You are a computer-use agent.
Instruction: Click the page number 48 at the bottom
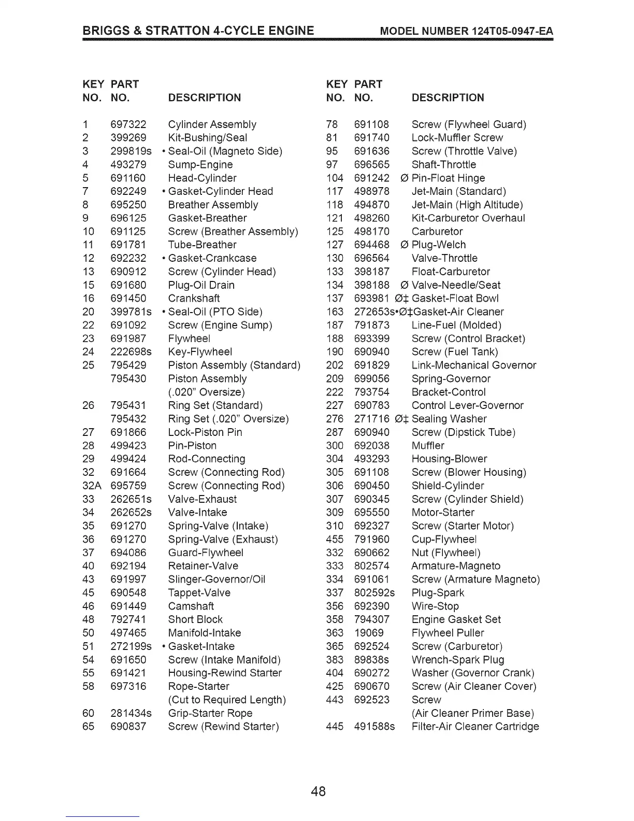pyautogui.click(x=319, y=791)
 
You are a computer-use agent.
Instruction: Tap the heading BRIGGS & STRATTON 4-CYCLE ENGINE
pyautogui.click(x=198, y=31)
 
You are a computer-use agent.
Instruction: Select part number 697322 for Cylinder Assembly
pyautogui.click(x=128, y=124)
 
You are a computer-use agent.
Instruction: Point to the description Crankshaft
pyautogui.click(x=194, y=299)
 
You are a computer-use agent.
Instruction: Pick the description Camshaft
pyautogui.click(x=191, y=606)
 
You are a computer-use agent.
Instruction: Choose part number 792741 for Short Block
pyautogui.click(x=128, y=620)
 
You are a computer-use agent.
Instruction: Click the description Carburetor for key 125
pyautogui.click(x=437, y=232)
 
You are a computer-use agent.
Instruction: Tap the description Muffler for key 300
pyautogui.click(x=428, y=446)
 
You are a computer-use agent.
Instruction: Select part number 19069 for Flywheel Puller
pyautogui.click(x=369, y=633)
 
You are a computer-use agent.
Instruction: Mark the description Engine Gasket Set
pyautogui.click(x=456, y=620)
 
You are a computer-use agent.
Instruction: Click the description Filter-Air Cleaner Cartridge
pyautogui.click(x=475, y=727)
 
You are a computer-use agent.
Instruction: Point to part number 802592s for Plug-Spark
pyautogui.click(x=374, y=593)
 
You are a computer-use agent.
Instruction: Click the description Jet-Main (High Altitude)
pyautogui.click(x=467, y=205)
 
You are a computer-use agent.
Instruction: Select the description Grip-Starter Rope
pyautogui.click(x=210, y=713)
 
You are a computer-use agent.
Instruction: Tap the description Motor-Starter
pyautogui.click(x=443, y=513)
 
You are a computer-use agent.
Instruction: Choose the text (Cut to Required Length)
pyautogui.click(x=227, y=700)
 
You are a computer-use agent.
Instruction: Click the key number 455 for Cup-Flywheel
pyautogui.click(x=335, y=540)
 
